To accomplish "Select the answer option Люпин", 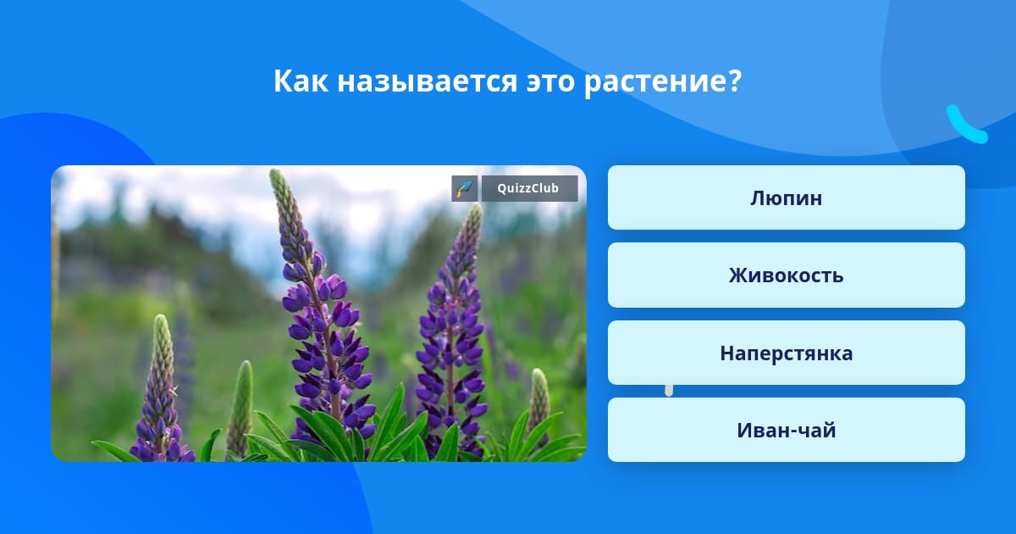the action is pos(786,197).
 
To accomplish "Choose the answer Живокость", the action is pos(786,275).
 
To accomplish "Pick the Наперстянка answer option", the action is pos(786,353).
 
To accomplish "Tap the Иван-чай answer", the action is pos(786,430).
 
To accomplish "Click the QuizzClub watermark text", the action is pos(528,188).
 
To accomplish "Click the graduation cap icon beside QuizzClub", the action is pos(465,188).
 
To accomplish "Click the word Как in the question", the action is pos(301,81).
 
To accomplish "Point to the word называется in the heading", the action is pos(427,81).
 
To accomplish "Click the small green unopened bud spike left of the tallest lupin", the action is pos(240,409).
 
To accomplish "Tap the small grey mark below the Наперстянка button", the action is pos(669,390).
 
